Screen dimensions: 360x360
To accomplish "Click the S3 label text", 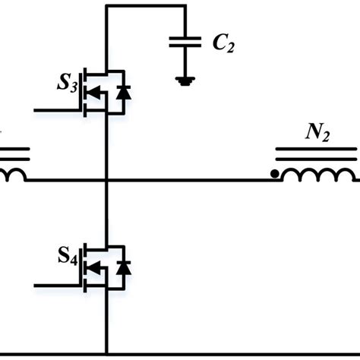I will point(66,84).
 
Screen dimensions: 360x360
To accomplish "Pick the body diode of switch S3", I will point(121,93).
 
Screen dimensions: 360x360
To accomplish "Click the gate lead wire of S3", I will point(57,111).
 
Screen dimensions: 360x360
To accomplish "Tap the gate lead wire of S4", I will point(57,284).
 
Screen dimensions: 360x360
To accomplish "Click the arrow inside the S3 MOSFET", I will point(94,93).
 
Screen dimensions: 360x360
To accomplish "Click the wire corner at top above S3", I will point(107,5).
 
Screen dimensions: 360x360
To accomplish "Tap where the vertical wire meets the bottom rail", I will point(107,352).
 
